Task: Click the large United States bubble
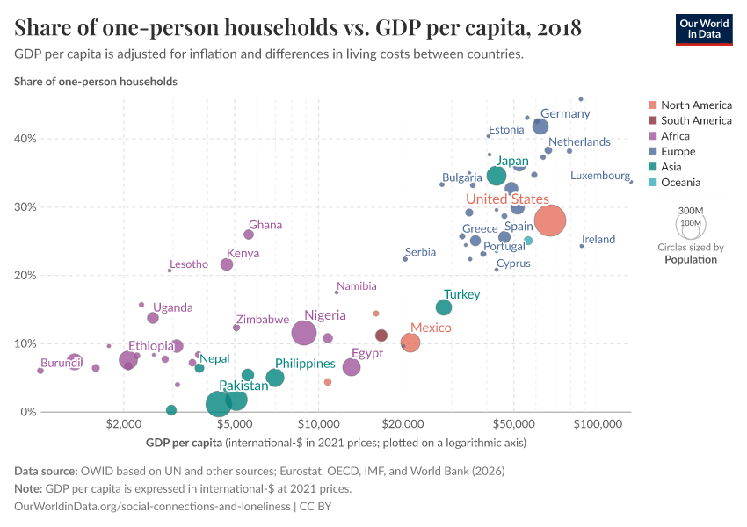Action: point(550,221)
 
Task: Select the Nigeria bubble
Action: point(304,333)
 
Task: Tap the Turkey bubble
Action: point(444,307)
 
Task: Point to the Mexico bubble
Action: point(410,343)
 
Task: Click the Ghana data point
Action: point(249,235)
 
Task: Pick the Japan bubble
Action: point(497,176)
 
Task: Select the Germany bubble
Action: point(540,127)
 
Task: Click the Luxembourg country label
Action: point(599,176)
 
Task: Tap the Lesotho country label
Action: point(189,264)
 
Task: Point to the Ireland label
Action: point(598,240)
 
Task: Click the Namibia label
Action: point(356,286)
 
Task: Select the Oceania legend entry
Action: point(680,183)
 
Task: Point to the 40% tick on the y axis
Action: point(25,139)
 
